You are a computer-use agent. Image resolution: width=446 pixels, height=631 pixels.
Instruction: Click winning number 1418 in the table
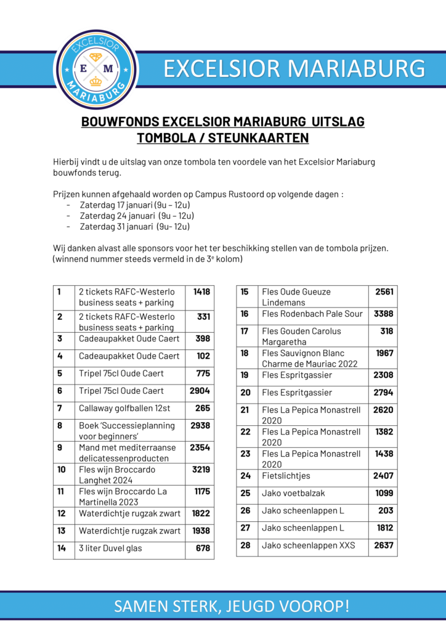201,291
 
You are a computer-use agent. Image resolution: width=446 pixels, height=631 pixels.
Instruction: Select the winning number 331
204,316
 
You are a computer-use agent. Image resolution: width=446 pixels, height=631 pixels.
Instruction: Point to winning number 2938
200,425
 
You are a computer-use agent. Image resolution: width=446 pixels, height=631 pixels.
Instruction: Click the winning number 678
203,548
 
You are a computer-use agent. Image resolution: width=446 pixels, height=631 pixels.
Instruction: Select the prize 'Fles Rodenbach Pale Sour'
312,314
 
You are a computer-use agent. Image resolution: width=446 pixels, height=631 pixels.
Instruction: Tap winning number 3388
383,314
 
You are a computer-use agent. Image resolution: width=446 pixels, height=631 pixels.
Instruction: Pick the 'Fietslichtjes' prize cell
286,476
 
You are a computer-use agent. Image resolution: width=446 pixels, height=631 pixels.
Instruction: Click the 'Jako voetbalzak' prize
293,493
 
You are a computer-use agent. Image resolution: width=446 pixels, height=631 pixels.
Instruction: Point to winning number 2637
383,545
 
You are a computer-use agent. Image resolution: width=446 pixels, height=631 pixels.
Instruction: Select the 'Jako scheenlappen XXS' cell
309,545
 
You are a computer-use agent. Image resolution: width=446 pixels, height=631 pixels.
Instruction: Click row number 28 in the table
246,545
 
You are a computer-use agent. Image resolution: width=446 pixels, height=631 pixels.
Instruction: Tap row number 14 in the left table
62,548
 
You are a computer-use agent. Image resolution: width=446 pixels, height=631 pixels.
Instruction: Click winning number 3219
200,470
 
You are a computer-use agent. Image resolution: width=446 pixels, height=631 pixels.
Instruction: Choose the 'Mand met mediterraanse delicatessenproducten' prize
128,453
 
